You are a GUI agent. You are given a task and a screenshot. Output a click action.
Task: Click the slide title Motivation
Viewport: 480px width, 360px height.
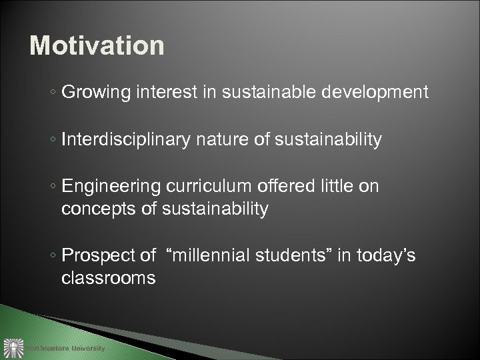click(97, 46)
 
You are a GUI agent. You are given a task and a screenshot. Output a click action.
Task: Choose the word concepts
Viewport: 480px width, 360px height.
click(98, 210)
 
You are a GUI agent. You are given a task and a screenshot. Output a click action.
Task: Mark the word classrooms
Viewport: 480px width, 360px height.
click(109, 278)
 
